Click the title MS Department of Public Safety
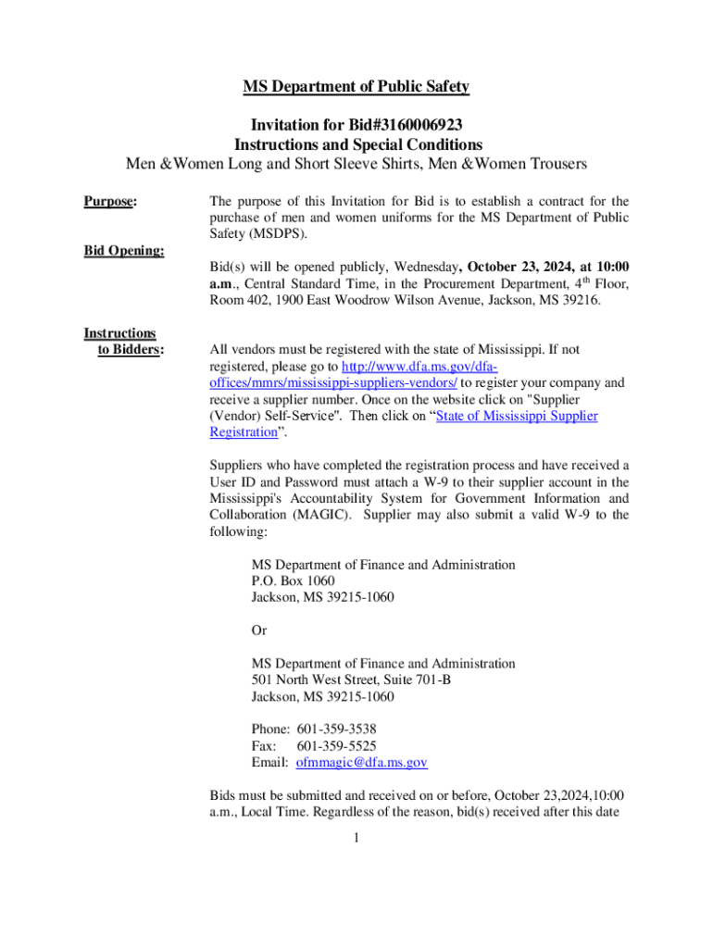(356, 87)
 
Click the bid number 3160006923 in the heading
(419, 125)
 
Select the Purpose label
(110, 201)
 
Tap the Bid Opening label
(124, 251)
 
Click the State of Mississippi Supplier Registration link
(517, 416)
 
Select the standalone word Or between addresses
(259, 630)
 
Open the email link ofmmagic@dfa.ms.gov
(361, 763)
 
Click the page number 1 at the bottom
(356, 840)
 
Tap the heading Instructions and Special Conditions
(357, 145)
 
